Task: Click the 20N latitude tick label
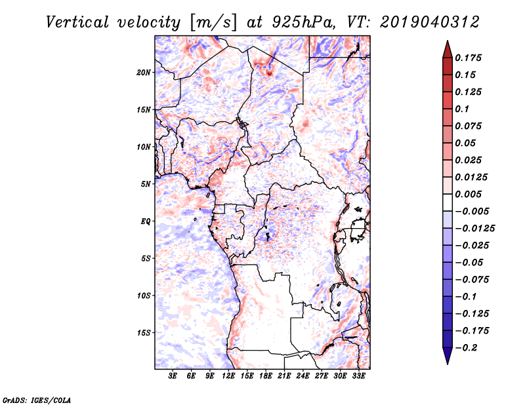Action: [x=144, y=72]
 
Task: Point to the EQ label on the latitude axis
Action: [x=146, y=222]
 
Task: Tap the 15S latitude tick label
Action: [x=144, y=333]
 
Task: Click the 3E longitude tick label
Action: [x=173, y=376]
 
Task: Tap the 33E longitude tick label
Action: [x=358, y=376]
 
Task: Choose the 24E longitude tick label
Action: [x=303, y=376]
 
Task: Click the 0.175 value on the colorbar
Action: [x=469, y=58]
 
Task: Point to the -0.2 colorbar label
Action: [x=468, y=347]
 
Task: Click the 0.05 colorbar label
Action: [x=466, y=143]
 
